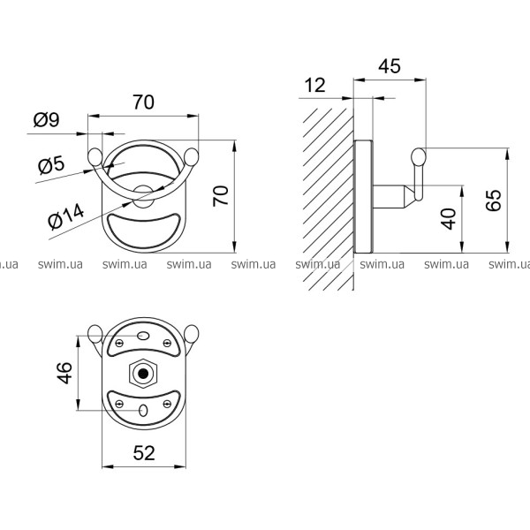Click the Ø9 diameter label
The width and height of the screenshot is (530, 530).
coord(46,119)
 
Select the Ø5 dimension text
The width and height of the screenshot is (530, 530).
coord(51,165)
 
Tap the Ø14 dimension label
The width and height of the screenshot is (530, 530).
coord(65,216)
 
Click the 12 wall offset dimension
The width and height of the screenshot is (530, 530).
coord(314,85)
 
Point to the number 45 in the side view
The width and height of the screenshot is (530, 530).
coord(390,66)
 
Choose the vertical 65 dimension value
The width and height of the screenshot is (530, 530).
coord(494,201)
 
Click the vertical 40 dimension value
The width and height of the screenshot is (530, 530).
coord(449,219)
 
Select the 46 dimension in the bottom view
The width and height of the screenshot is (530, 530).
coord(64,373)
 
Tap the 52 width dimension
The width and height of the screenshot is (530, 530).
coord(144,453)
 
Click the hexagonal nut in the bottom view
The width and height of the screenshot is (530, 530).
coord(143,374)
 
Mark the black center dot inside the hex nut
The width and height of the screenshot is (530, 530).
coord(143,374)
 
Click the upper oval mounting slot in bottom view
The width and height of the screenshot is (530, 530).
coord(143,336)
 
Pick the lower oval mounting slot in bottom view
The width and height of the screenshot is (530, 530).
coord(143,411)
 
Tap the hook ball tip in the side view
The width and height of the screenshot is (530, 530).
coord(419,157)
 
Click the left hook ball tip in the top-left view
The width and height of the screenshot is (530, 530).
coord(95,157)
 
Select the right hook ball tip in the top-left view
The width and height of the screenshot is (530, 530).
coord(192,157)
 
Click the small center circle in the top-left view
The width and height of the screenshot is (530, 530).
coord(143,196)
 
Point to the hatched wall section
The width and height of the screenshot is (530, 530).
coord(329,199)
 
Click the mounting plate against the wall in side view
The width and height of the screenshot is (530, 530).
coord(363,196)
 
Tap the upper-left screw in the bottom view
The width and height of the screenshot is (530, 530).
coord(119,343)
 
